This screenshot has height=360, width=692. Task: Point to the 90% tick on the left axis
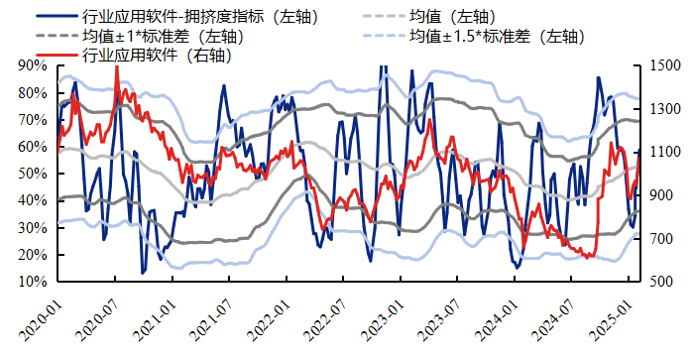pos(33,65)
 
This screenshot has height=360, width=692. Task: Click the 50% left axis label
pos(33,174)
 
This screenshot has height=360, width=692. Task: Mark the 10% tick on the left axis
pos(33,282)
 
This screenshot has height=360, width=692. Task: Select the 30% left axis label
pos(33,228)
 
